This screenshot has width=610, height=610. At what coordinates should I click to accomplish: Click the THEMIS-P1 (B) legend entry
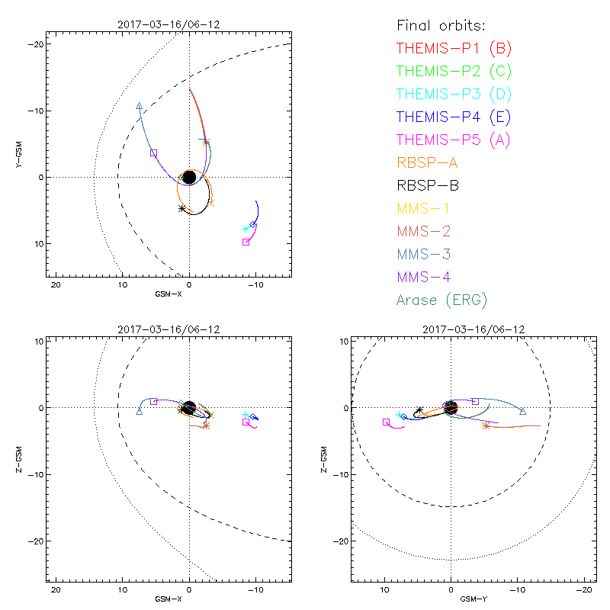pyautogui.click(x=454, y=48)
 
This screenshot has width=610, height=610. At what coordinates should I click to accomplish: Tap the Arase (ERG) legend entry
pyautogui.click(x=441, y=300)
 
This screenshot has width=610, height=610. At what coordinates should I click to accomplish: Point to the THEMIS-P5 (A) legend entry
pyautogui.click(x=454, y=140)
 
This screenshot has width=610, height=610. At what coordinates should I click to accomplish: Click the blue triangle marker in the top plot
pyautogui.click(x=139, y=106)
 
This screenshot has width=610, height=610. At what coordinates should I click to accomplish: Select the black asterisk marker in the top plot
pyautogui.click(x=181, y=208)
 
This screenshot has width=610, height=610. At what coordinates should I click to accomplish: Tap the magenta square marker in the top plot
pyautogui.click(x=246, y=242)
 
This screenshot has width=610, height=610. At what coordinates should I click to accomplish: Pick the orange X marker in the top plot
pyautogui.click(x=211, y=203)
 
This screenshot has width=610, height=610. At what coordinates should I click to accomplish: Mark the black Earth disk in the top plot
pyautogui.click(x=189, y=177)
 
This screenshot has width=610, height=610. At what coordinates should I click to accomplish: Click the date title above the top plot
pyautogui.click(x=169, y=24)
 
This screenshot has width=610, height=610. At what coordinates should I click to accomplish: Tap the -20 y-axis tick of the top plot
pyautogui.click(x=35, y=45)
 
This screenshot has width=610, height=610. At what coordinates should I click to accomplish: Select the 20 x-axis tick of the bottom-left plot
pyautogui.click(x=56, y=590)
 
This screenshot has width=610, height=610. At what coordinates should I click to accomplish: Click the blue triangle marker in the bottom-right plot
pyautogui.click(x=522, y=412)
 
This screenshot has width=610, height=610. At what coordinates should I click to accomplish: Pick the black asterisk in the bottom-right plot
pyautogui.click(x=419, y=410)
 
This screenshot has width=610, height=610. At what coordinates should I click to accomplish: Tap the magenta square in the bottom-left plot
pyautogui.click(x=246, y=422)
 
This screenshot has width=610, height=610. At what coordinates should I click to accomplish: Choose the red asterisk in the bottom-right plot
pyautogui.click(x=486, y=425)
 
